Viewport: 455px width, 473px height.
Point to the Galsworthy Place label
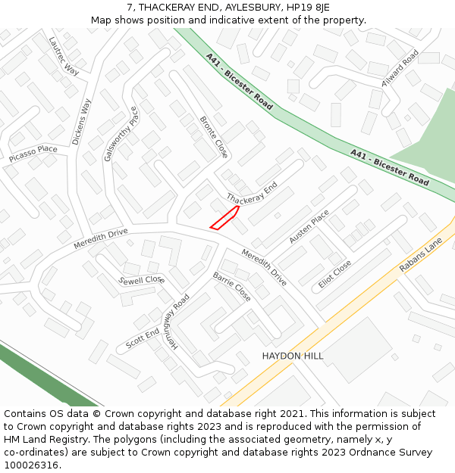coord(121,134)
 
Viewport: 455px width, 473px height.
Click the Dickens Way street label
coord(81,121)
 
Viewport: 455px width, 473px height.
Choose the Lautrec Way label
coord(64,55)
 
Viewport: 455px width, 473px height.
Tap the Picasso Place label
coord(33,154)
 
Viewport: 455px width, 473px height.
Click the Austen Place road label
coord(309,227)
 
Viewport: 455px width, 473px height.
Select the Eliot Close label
coord(335,274)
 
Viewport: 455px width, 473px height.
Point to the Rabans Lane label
coord(421,256)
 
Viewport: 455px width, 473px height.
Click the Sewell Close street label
coord(142,279)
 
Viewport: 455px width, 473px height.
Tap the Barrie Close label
coord(231,287)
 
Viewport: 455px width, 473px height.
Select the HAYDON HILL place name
coord(293,356)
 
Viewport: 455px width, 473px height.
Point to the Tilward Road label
coord(400,69)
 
